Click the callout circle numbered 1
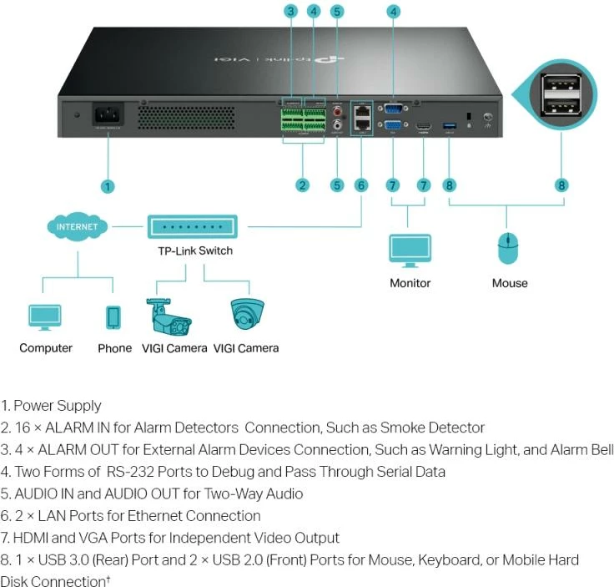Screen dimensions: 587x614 [108, 186]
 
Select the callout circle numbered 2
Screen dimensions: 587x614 [302, 185]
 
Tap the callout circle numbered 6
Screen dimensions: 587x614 [361, 185]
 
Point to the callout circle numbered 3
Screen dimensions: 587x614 [290, 12]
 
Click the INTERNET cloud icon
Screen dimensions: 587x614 [77, 226]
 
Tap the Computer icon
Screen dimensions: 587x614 [45, 317]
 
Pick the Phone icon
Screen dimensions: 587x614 [114, 317]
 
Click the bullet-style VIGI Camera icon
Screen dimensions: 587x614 [170, 316]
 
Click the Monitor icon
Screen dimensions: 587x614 [410, 249]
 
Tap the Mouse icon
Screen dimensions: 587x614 [509, 250]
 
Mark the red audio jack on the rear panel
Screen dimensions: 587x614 [337, 109]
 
